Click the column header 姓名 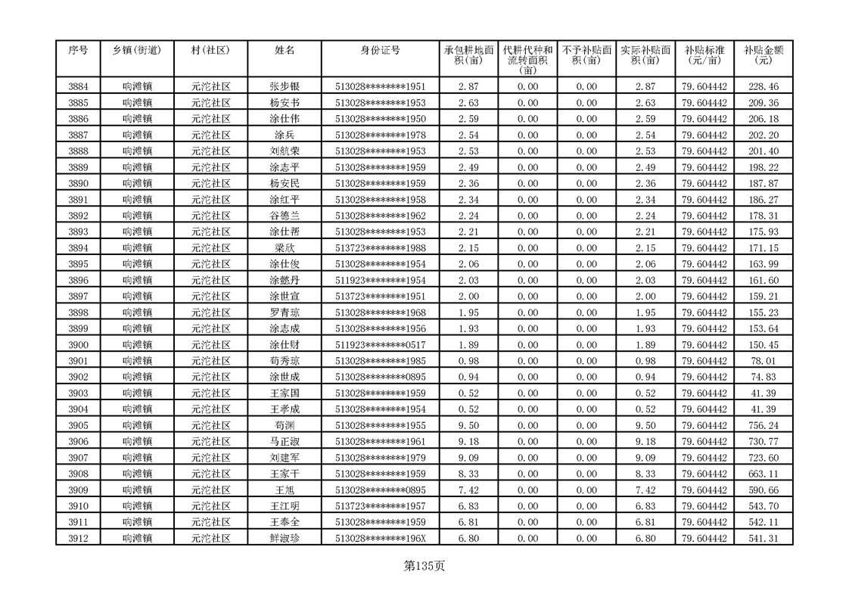click(285, 51)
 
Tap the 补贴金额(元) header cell click(763, 55)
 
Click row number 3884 click(78, 87)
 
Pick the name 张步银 click(285, 87)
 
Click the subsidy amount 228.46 click(763, 87)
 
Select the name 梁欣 click(285, 248)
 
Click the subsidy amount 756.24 click(763, 425)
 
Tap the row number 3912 click(78, 538)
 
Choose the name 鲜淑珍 click(285, 538)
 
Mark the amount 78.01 click(763, 361)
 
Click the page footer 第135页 click(424, 566)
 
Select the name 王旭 click(285, 490)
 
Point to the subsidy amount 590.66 click(763, 490)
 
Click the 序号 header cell click(78, 51)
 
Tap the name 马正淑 click(285, 441)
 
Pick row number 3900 click(78, 345)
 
